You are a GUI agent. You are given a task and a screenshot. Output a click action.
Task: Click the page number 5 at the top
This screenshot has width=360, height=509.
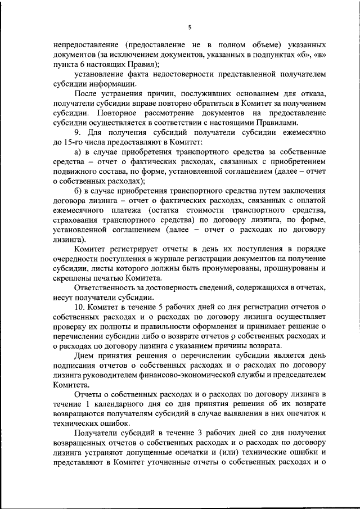[190, 27]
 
